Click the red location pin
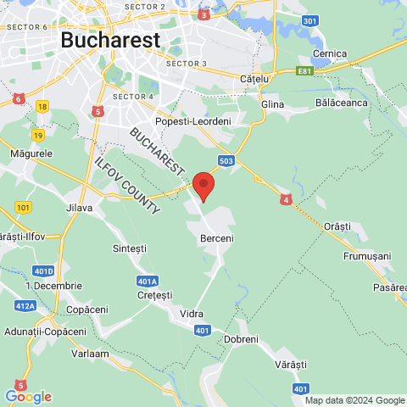pyautogui.click(x=203, y=185)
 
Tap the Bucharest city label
pyautogui.click(x=110, y=40)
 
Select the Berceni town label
pyautogui.click(x=216, y=239)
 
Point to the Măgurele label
pyautogui.click(x=31, y=154)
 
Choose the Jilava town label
pyautogui.click(x=79, y=206)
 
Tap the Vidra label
pyautogui.click(x=192, y=314)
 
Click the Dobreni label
pyautogui.click(x=241, y=339)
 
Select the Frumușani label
pyautogui.click(x=366, y=255)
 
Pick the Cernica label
pyautogui.click(x=329, y=53)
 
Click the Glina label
pyautogui.click(x=273, y=103)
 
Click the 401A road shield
pyautogui.click(x=147, y=282)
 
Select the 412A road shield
pyautogui.click(x=25, y=306)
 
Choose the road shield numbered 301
pyautogui.click(x=309, y=20)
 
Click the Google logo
pyautogui.click(x=28, y=397)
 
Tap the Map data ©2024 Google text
pyautogui.click(x=355, y=400)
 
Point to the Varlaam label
pyautogui.click(x=90, y=353)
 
